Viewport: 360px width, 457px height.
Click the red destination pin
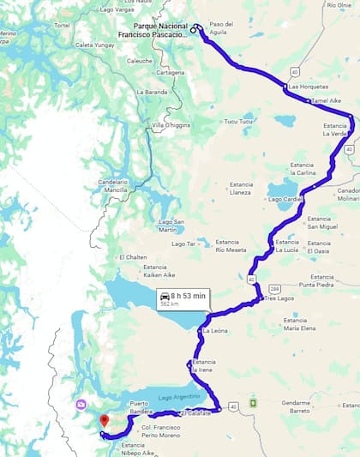pyautogui.click(x=105, y=420)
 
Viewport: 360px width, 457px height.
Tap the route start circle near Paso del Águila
pyautogui.click(x=195, y=29)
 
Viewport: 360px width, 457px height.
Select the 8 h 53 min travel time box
pyautogui.click(x=182, y=298)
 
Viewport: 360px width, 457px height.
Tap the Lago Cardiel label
pyautogui.click(x=285, y=199)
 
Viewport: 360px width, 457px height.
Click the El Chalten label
pyautogui.click(x=133, y=257)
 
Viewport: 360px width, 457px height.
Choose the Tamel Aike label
pyautogui.click(x=327, y=100)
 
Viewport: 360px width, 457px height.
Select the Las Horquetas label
pyautogui.click(x=306, y=87)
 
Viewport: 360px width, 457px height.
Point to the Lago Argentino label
pyautogui.click(x=178, y=399)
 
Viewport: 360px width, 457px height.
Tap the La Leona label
pyautogui.click(x=214, y=330)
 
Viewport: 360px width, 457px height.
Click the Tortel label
pyautogui.click(x=61, y=26)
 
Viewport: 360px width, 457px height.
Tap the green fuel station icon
pyautogui.click(x=253, y=402)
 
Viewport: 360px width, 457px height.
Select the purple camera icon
pyautogui.click(x=81, y=404)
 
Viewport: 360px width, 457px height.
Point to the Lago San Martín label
pyautogui.click(x=172, y=225)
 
